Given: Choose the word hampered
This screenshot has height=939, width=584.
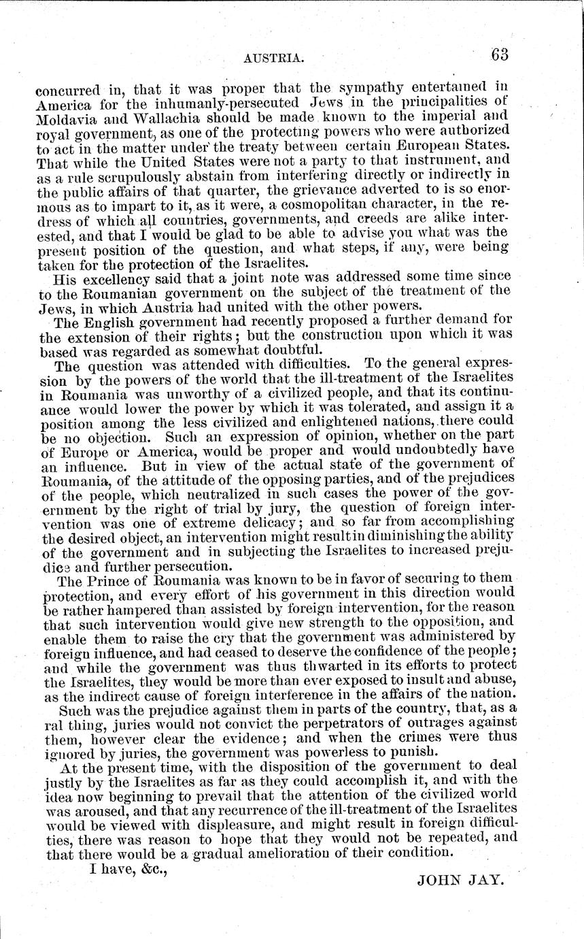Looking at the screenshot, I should [120, 610].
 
